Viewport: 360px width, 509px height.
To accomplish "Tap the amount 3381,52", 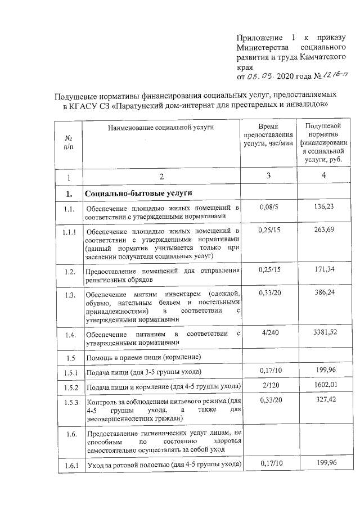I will (x=325, y=334).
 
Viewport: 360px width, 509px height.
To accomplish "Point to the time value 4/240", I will (x=268, y=334).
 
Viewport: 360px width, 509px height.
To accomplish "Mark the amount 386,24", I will (x=325, y=293).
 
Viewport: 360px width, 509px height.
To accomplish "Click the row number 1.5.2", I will (x=70, y=388).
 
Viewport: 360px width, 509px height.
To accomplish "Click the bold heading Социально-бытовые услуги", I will (x=138, y=193).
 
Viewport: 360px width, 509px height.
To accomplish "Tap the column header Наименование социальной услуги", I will (x=161, y=128).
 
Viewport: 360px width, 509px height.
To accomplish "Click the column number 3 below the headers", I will (x=268, y=176).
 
